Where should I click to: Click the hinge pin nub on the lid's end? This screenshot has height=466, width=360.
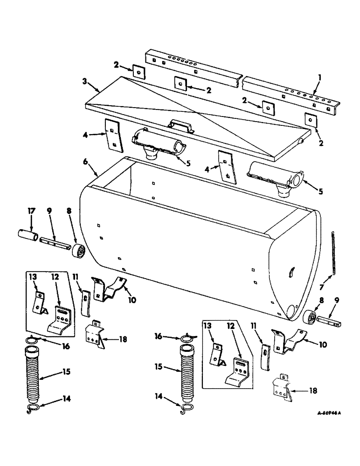[x=303, y=141]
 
